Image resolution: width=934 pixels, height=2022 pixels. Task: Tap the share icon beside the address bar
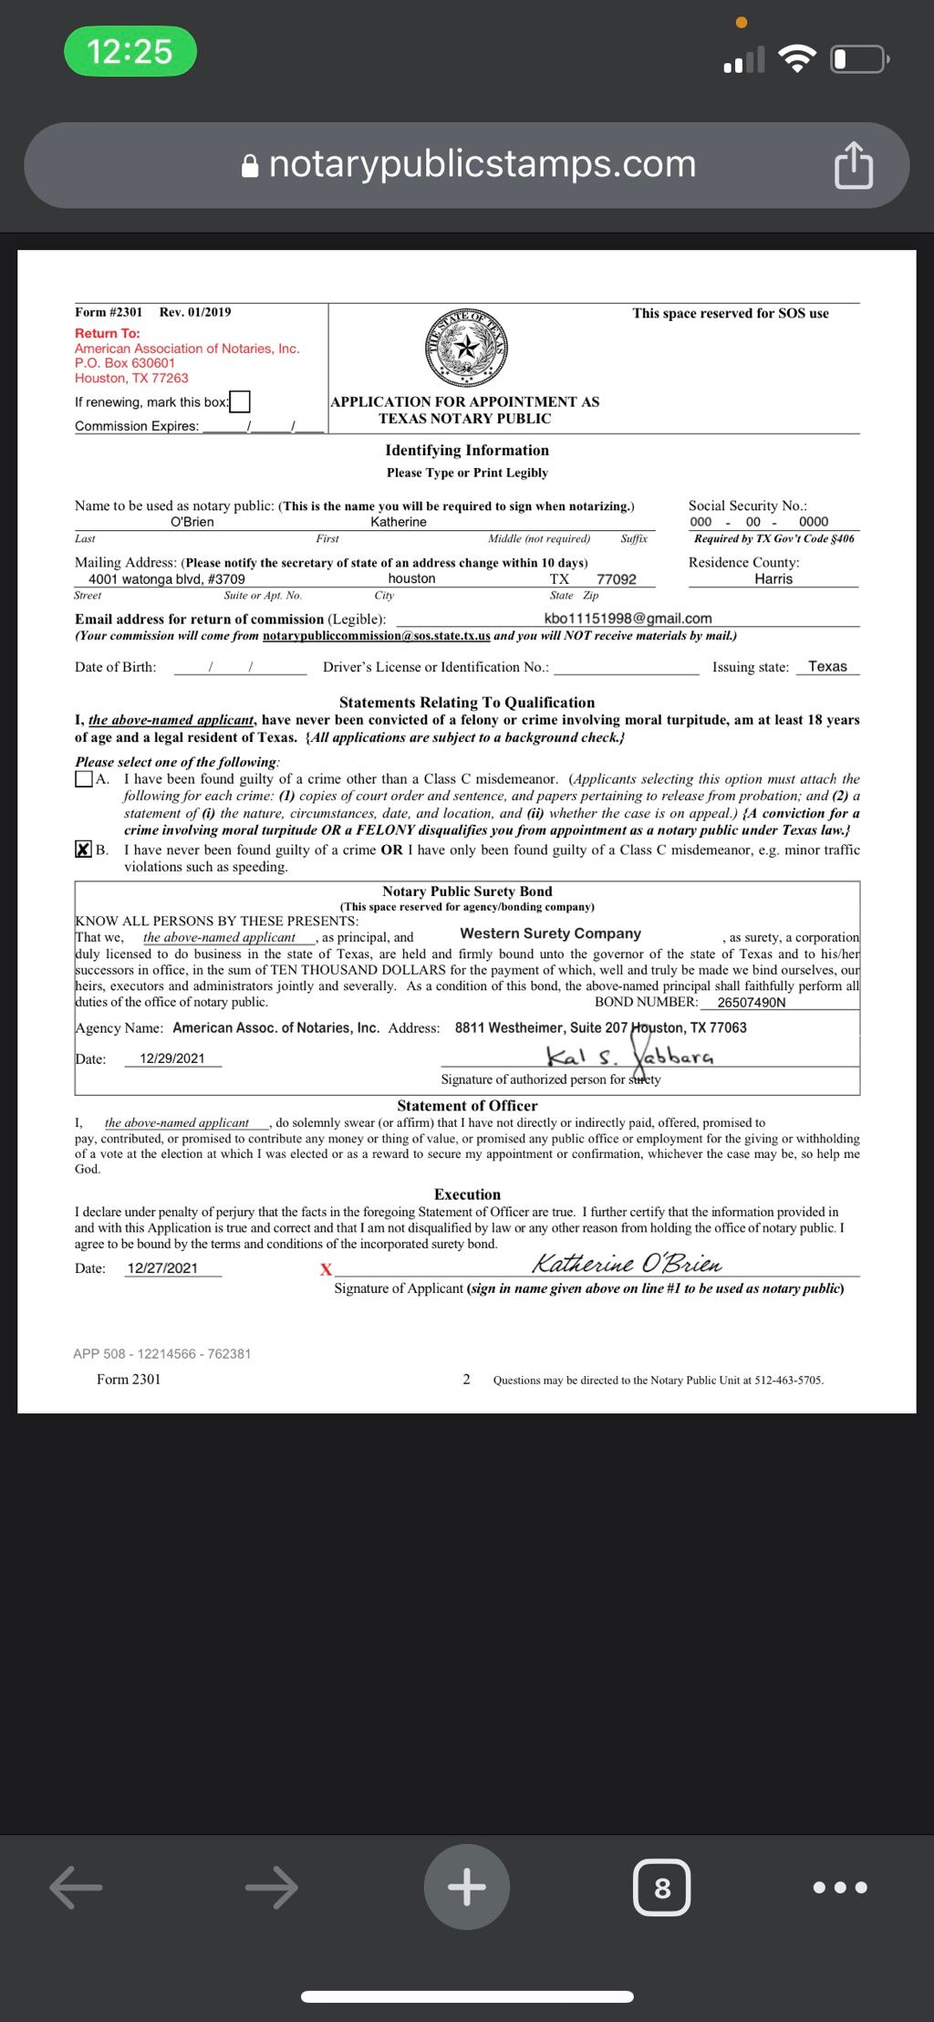tap(853, 166)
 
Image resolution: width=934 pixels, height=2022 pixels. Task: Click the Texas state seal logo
tap(467, 348)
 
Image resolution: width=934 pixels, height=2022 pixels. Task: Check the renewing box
tap(240, 401)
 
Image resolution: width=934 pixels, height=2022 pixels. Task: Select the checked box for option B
tap(84, 849)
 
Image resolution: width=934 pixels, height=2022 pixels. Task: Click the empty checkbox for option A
tap(84, 779)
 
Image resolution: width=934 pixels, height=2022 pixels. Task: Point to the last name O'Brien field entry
tap(192, 522)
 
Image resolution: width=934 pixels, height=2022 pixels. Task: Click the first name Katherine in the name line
tap(399, 522)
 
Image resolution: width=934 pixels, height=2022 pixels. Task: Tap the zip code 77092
tap(617, 579)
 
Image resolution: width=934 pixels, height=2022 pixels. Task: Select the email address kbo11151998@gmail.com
tap(628, 619)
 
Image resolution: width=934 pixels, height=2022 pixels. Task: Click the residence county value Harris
tap(773, 579)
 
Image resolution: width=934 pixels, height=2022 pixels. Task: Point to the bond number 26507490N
tap(752, 1003)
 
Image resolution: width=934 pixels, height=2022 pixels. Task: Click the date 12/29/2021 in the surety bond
tap(172, 1058)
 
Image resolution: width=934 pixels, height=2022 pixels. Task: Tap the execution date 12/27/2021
tap(162, 1268)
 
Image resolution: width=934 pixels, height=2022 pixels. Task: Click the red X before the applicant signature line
tap(326, 1269)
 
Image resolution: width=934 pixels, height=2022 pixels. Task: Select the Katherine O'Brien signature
tap(627, 1264)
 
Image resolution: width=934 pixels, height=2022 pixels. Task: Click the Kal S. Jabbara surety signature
tap(629, 1058)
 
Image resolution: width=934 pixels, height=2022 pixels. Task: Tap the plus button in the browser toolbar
tap(467, 1887)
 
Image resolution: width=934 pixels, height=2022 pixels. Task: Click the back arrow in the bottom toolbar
tap(76, 1887)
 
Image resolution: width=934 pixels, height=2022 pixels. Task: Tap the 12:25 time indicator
tap(130, 51)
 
